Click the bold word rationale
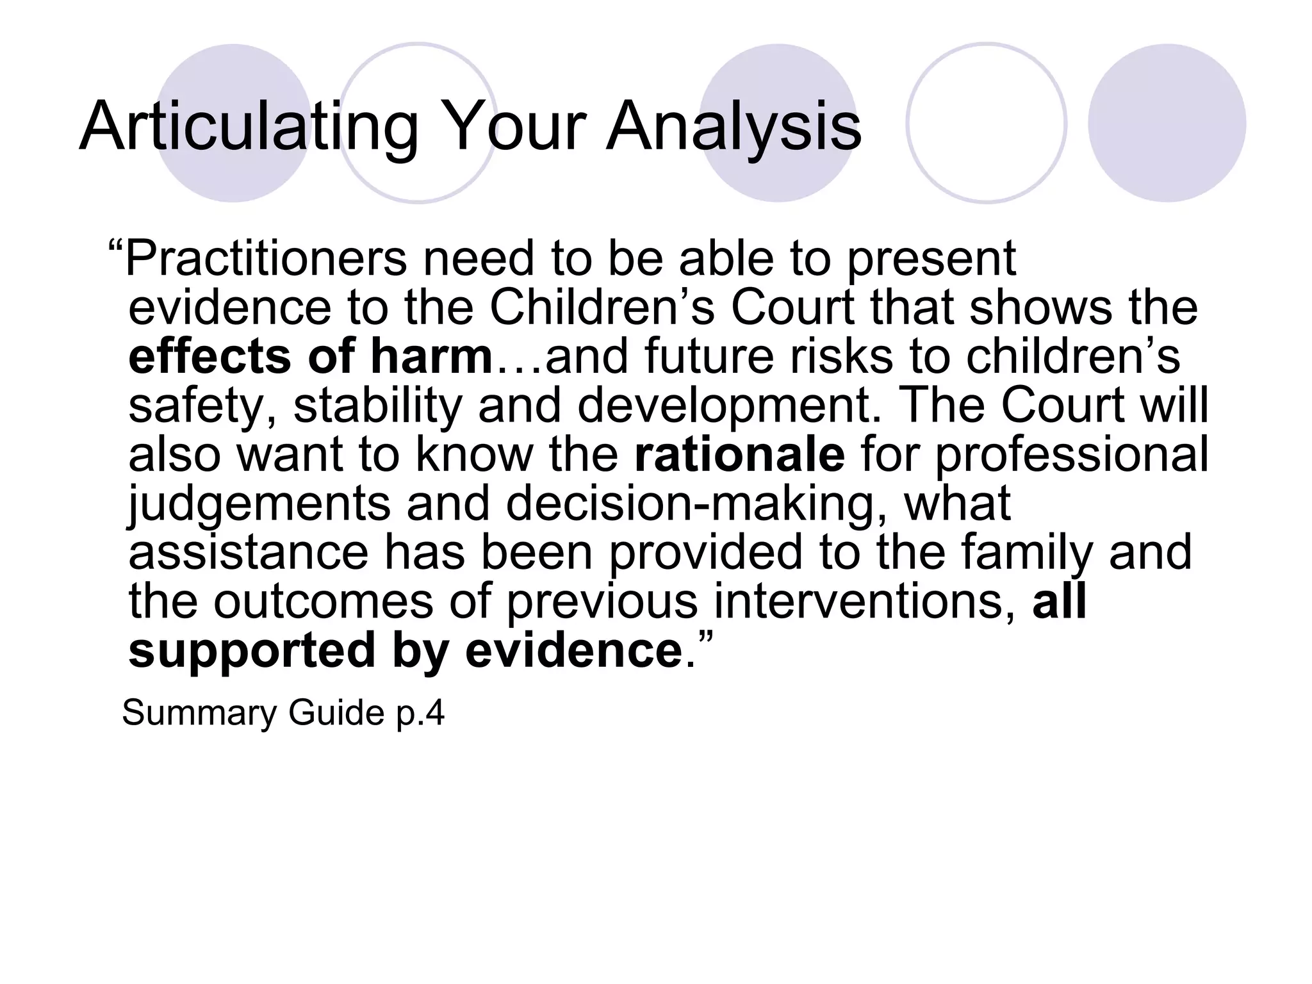tap(739, 455)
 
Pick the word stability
tap(377, 406)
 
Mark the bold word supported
tap(252, 651)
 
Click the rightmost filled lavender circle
tap(1167, 123)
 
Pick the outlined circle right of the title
tap(987, 123)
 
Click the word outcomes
tap(324, 602)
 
